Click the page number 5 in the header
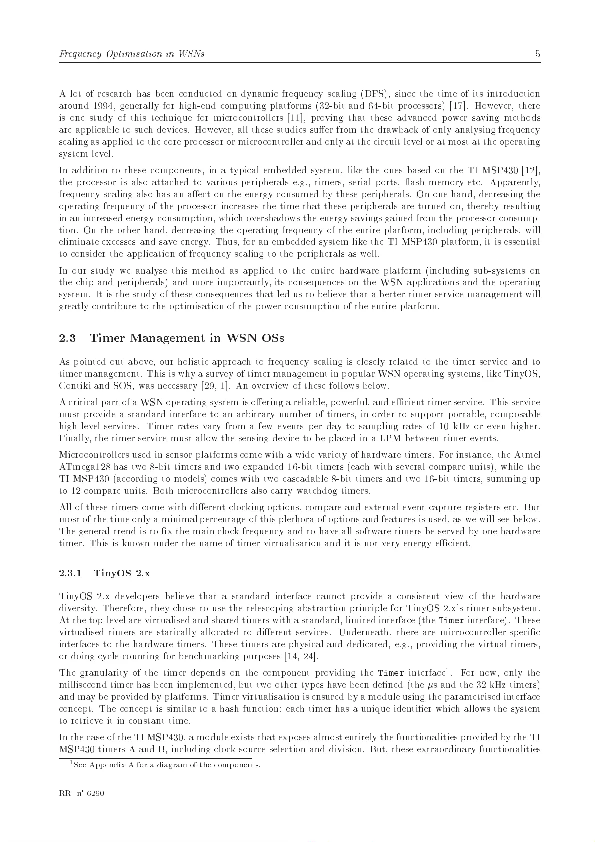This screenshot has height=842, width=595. pos(537,54)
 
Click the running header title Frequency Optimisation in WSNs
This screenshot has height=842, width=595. pos(131,54)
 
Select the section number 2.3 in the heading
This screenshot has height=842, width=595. pos(67,338)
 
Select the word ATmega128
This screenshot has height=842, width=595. pos(80,467)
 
